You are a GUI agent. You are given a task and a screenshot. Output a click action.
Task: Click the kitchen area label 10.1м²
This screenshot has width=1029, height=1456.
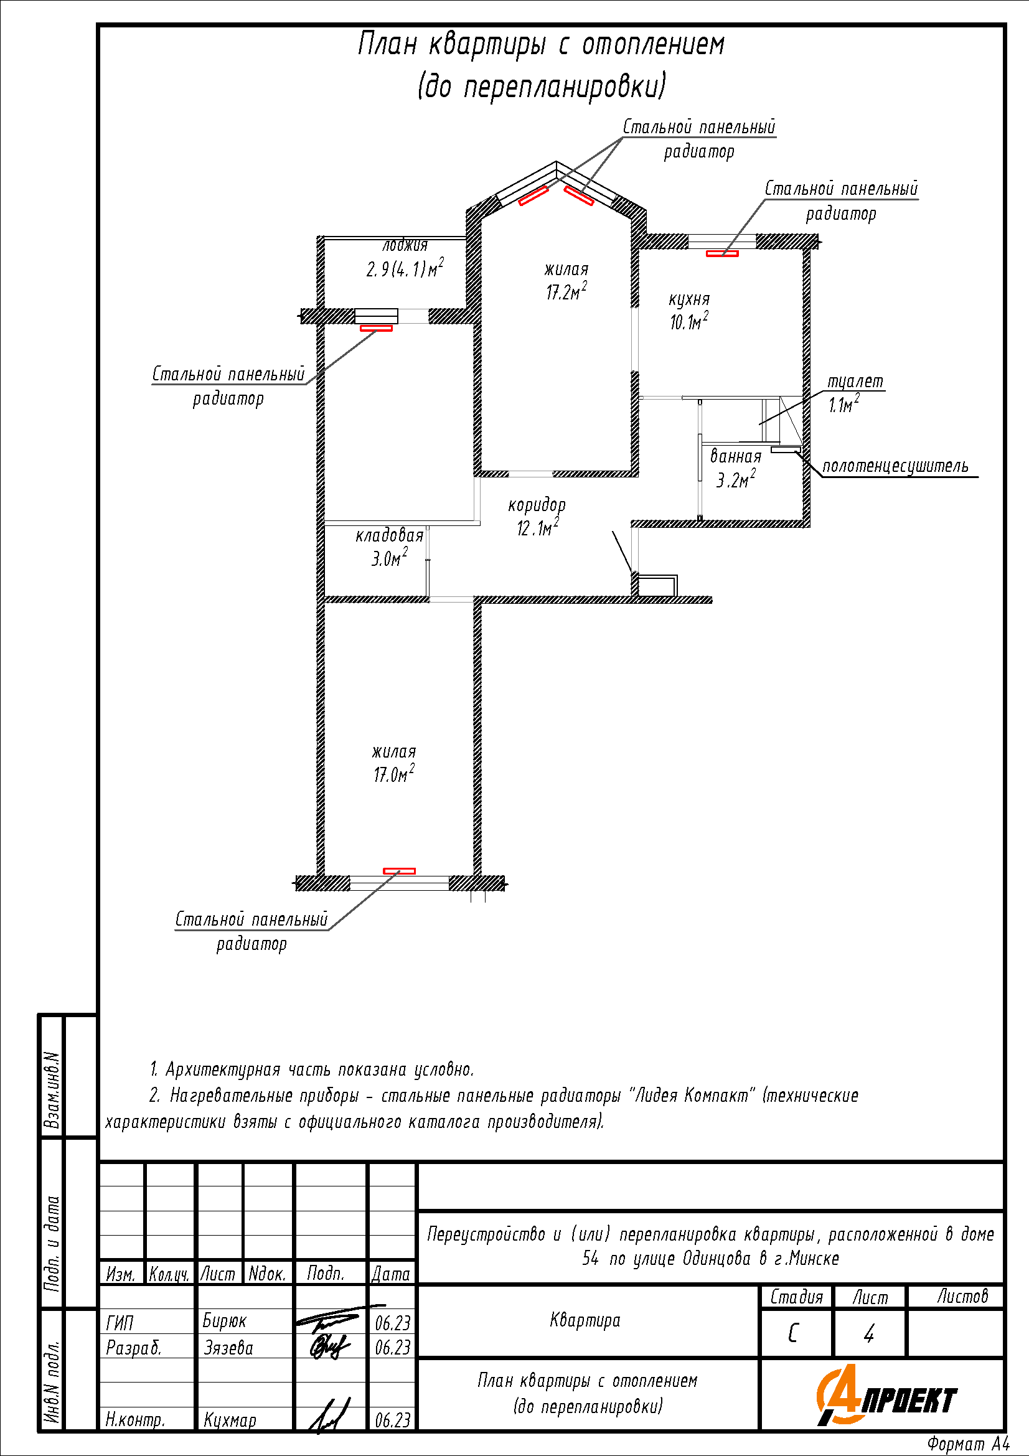coord(689,321)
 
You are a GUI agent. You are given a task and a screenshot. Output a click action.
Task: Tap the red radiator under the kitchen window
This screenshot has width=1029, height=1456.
coord(722,253)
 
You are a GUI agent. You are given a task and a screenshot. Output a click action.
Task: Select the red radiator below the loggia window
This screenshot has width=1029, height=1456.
coord(376,329)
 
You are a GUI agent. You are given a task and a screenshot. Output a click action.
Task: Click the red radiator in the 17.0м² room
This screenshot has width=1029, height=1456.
coord(400,871)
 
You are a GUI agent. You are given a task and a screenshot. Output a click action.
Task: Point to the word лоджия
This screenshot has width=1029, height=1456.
coord(405,245)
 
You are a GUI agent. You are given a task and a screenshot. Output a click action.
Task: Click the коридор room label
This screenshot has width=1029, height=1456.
coord(537,505)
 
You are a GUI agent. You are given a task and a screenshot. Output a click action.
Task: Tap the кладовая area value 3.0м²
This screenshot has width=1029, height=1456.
coord(389,557)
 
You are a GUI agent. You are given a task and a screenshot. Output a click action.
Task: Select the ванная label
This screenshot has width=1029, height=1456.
coord(735,456)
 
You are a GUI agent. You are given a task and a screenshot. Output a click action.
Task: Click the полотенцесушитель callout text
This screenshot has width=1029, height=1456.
coord(895,466)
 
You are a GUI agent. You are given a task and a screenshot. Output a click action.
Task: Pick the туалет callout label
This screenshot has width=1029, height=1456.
coord(855,382)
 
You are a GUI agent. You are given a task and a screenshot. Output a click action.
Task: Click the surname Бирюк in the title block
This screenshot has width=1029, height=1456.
coord(225,1320)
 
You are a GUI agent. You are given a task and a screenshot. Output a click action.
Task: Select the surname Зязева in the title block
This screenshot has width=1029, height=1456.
coord(228,1347)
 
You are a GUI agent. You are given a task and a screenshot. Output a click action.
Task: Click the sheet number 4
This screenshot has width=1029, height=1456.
coord(869,1333)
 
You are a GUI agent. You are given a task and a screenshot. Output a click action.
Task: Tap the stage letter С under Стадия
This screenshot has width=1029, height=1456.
coord(793,1333)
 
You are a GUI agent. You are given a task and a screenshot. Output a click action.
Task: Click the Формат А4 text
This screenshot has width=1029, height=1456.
coord(968,1444)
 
